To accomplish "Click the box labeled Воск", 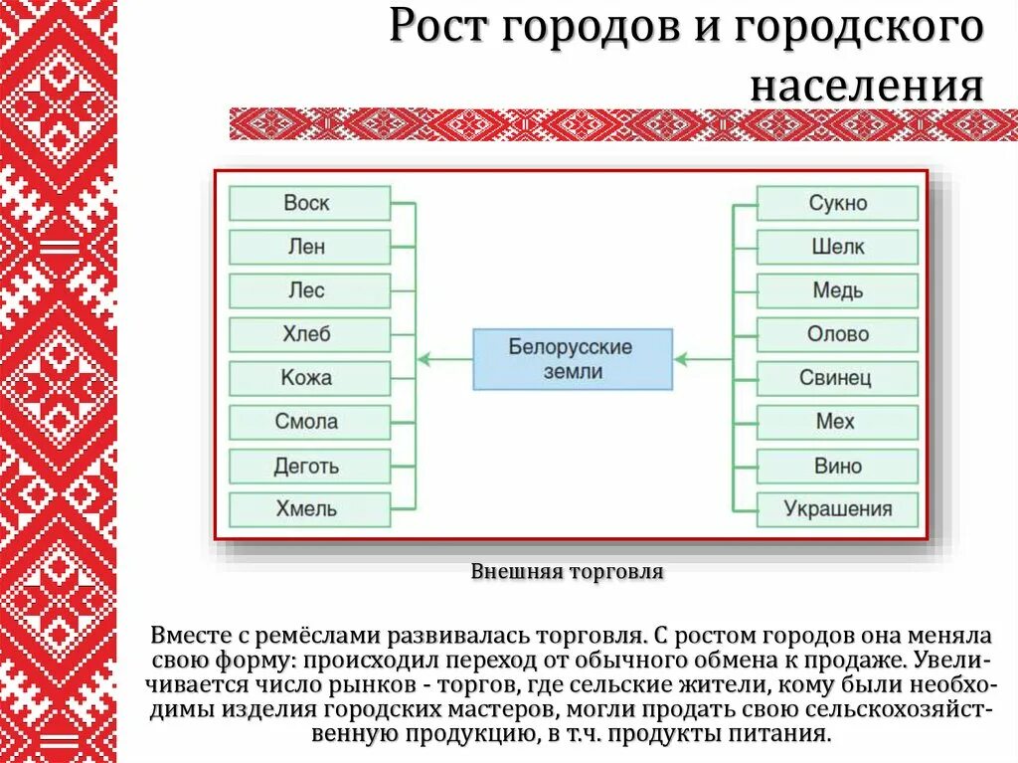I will (309, 203).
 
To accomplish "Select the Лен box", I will (309, 247).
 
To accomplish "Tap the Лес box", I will (309, 290).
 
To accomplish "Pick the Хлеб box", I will (309, 334).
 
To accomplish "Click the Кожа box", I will (309, 378).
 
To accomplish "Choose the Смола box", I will (309, 422).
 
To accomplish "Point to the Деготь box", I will (309, 466).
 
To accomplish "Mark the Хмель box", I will (309, 509).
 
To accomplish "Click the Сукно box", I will (837, 203).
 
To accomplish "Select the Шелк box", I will (837, 247).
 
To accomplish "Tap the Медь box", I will (837, 290).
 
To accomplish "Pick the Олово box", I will (837, 334).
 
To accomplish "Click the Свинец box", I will (837, 378).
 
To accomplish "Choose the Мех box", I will (837, 422).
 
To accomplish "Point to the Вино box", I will (837, 466).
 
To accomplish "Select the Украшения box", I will (837, 509).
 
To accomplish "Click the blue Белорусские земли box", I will (572, 358).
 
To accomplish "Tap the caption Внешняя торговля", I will (567, 572).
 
